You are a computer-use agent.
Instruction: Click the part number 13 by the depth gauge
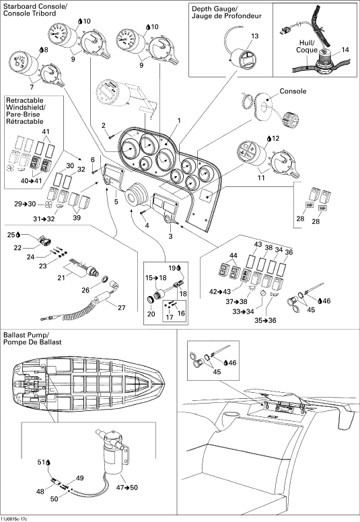click(x=255, y=36)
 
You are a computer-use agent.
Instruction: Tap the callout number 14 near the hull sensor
click(x=345, y=50)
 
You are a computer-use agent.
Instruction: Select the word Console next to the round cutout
click(x=293, y=91)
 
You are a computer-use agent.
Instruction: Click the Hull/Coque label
click(x=307, y=46)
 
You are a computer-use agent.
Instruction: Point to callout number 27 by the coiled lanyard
click(x=122, y=307)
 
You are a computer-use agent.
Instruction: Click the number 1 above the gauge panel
click(x=179, y=120)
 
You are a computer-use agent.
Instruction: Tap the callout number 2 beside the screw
click(x=104, y=125)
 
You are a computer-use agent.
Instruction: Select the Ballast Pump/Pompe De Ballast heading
click(x=33, y=338)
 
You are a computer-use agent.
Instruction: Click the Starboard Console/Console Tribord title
click(x=34, y=9)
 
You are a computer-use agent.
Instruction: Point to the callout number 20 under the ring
click(x=151, y=314)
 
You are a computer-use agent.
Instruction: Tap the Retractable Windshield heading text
click(x=26, y=111)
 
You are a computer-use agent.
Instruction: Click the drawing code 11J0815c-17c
click(x=15, y=519)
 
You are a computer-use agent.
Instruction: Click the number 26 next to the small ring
click(x=85, y=290)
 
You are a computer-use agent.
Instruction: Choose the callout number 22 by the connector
click(x=17, y=248)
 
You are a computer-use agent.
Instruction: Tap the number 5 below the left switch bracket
click(x=116, y=202)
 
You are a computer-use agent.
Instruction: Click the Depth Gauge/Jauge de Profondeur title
click(x=227, y=12)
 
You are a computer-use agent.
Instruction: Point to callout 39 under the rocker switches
click(x=77, y=218)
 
